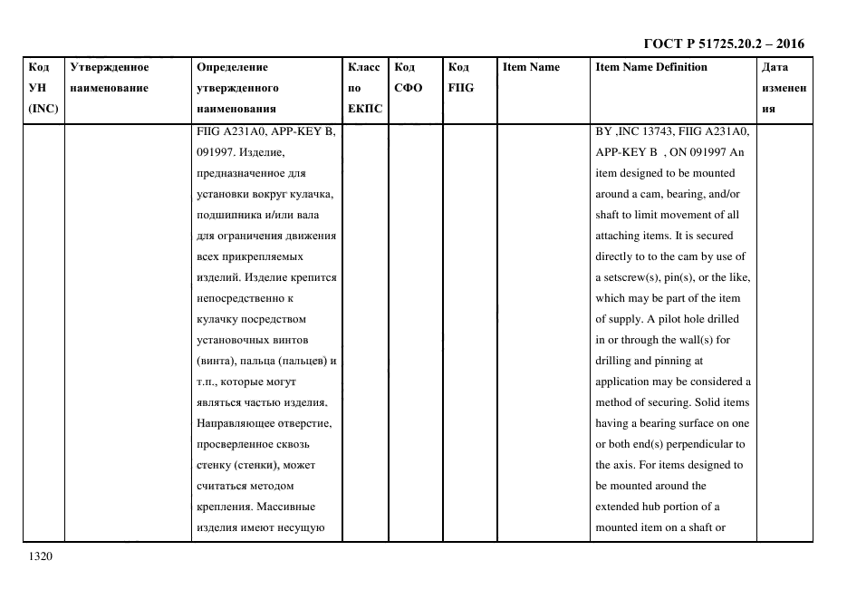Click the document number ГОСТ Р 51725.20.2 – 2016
(723, 43)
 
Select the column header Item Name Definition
(651, 67)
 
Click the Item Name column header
(531, 67)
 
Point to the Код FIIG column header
(460, 77)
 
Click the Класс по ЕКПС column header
(365, 88)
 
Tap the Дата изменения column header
(784, 88)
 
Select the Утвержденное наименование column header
(109, 77)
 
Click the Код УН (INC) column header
(43, 88)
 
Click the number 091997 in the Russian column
(217, 152)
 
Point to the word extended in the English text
(620, 507)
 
